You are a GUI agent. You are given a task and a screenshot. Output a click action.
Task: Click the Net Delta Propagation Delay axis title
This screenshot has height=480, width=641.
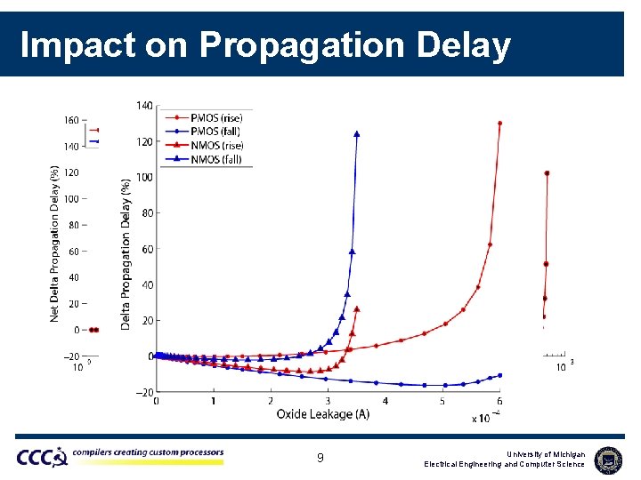(55, 243)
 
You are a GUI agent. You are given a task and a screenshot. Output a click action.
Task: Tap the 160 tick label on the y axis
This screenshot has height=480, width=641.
(71, 120)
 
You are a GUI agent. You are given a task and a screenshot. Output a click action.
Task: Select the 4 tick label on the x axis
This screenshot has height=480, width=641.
(385, 402)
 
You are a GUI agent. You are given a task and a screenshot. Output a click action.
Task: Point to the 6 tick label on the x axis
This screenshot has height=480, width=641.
(499, 402)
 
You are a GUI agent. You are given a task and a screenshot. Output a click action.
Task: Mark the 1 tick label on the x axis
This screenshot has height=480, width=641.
(214, 402)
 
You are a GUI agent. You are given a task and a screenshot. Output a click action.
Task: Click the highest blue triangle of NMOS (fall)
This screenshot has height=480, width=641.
(357, 134)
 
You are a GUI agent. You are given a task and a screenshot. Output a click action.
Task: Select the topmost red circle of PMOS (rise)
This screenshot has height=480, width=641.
(500, 124)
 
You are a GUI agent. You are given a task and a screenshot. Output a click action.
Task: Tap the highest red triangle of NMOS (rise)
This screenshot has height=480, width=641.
(357, 309)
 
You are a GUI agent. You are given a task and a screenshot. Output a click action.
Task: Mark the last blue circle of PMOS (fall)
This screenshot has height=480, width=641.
(500, 375)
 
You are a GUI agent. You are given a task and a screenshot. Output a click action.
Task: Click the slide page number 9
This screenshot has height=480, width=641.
(320, 459)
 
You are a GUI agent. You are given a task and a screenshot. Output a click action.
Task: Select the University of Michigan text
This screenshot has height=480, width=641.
(540, 454)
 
